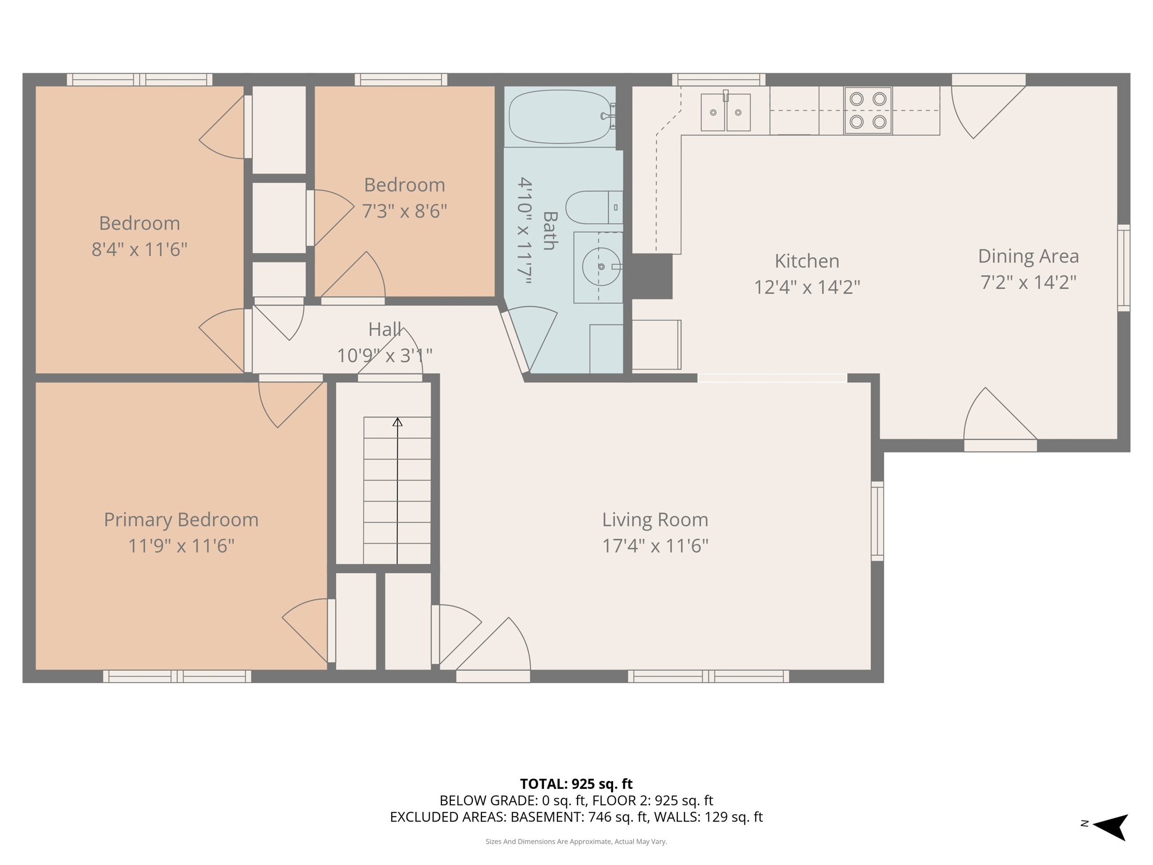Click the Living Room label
[655, 519]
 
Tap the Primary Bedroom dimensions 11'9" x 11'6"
[181, 546]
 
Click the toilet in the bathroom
[594, 207]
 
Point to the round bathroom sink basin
[601, 266]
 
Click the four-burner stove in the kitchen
[868, 110]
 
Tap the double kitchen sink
[726, 112]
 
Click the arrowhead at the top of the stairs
[397, 422]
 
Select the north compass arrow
[1110, 827]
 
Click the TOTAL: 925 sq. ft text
[576, 784]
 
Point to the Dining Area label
[1028, 256]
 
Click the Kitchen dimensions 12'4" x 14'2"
[807, 287]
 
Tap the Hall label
[385, 329]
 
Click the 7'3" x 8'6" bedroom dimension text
[404, 211]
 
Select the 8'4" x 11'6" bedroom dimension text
[139, 249]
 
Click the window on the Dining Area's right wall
[1124, 268]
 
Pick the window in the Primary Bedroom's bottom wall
[177, 676]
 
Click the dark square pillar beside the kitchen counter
[652, 276]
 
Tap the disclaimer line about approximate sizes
[576, 841]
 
